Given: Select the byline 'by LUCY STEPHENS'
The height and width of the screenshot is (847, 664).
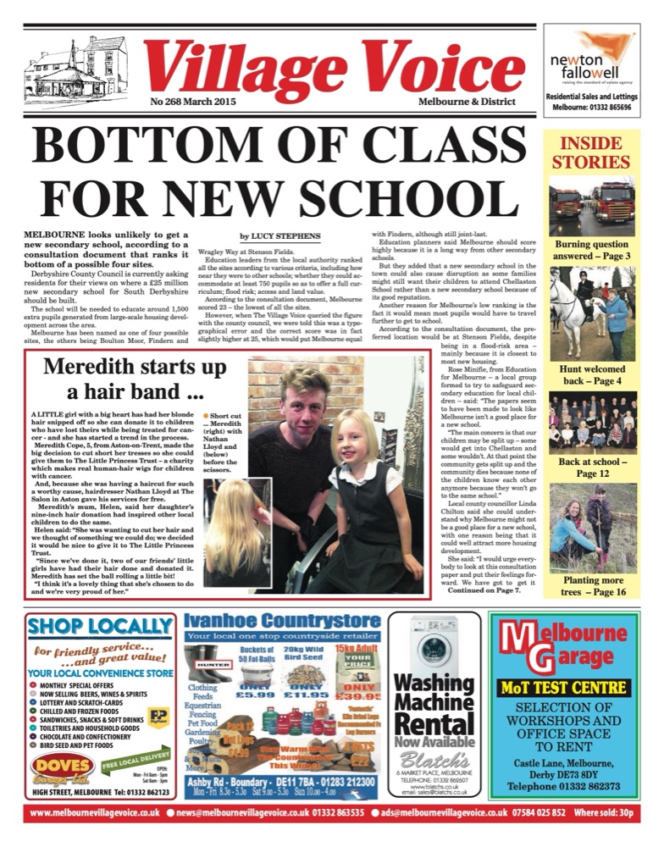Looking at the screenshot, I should point(280,236).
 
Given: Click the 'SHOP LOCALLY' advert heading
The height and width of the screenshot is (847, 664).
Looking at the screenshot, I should point(102,628).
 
